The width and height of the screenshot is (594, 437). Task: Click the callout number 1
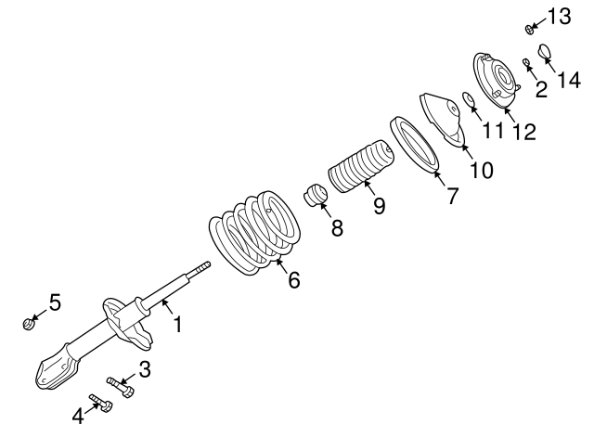177,325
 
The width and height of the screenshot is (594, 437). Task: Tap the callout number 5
55,302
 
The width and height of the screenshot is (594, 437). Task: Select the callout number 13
559,16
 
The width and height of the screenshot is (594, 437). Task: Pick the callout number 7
453,196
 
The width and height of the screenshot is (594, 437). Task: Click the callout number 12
523,132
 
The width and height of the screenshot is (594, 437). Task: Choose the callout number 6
294,278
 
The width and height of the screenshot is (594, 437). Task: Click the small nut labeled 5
29,323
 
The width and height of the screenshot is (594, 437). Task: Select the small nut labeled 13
529,28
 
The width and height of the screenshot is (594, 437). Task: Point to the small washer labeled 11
470,100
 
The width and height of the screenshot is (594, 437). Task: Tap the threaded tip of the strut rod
201,268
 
